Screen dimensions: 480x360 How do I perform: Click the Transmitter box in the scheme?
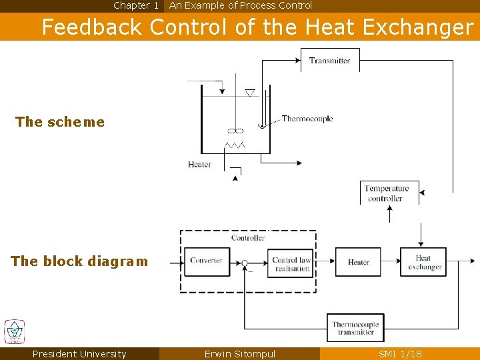[329, 60]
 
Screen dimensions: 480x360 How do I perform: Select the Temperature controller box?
[389, 193]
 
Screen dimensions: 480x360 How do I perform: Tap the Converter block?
[207, 261]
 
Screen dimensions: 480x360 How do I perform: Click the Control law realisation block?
[291, 264]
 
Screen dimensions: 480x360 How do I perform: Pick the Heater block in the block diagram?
[358, 262]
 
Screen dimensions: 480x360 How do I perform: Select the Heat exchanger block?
[423, 262]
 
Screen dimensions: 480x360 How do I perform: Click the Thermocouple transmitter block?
[355, 328]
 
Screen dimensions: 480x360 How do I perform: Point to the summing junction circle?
[245, 263]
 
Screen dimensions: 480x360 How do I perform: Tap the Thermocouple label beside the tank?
[307, 119]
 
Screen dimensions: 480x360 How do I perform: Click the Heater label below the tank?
[199, 165]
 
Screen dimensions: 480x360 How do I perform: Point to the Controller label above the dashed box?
[248, 238]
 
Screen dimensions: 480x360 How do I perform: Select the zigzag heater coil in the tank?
[235, 145]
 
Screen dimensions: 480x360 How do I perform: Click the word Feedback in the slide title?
[92, 27]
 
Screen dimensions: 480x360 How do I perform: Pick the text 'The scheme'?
[59, 122]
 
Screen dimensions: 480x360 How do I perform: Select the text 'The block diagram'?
[79, 261]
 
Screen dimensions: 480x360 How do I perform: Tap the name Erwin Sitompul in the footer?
[239, 354]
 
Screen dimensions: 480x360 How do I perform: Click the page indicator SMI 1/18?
[400, 354]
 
